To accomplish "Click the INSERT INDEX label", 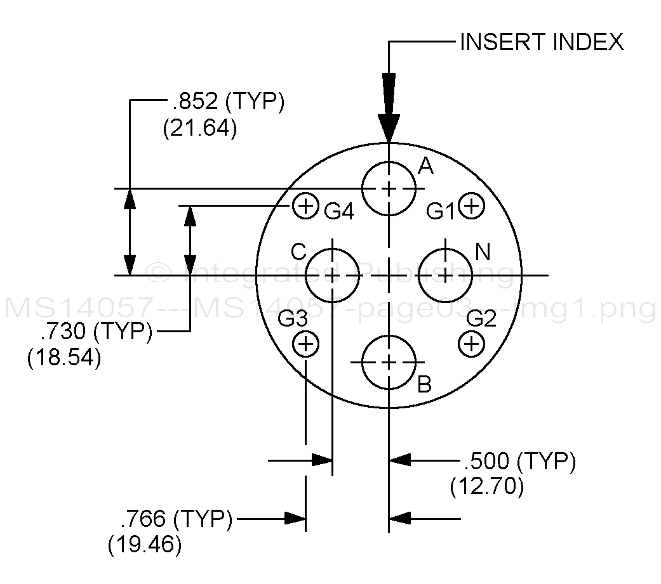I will pyautogui.click(x=541, y=42).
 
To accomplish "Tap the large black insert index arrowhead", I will pyautogui.click(x=389, y=108).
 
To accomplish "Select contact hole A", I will pyautogui.click(x=389, y=188).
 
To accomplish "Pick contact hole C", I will pyautogui.click(x=333, y=275).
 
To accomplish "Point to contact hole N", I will pyautogui.click(x=446, y=275).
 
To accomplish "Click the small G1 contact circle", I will pyautogui.click(x=471, y=206).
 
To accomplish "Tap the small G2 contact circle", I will pyautogui.click(x=471, y=344).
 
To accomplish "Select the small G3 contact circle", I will pyautogui.click(x=305, y=344).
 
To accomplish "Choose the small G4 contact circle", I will pyautogui.click(x=305, y=206).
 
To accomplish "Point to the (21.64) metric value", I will pyautogui.click(x=199, y=128).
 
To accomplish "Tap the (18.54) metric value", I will pyautogui.click(x=64, y=358).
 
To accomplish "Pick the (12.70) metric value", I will pyautogui.click(x=487, y=487).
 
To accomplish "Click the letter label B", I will pyautogui.click(x=425, y=384).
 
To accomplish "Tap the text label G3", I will pyautogui.click(x=295, y=317).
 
